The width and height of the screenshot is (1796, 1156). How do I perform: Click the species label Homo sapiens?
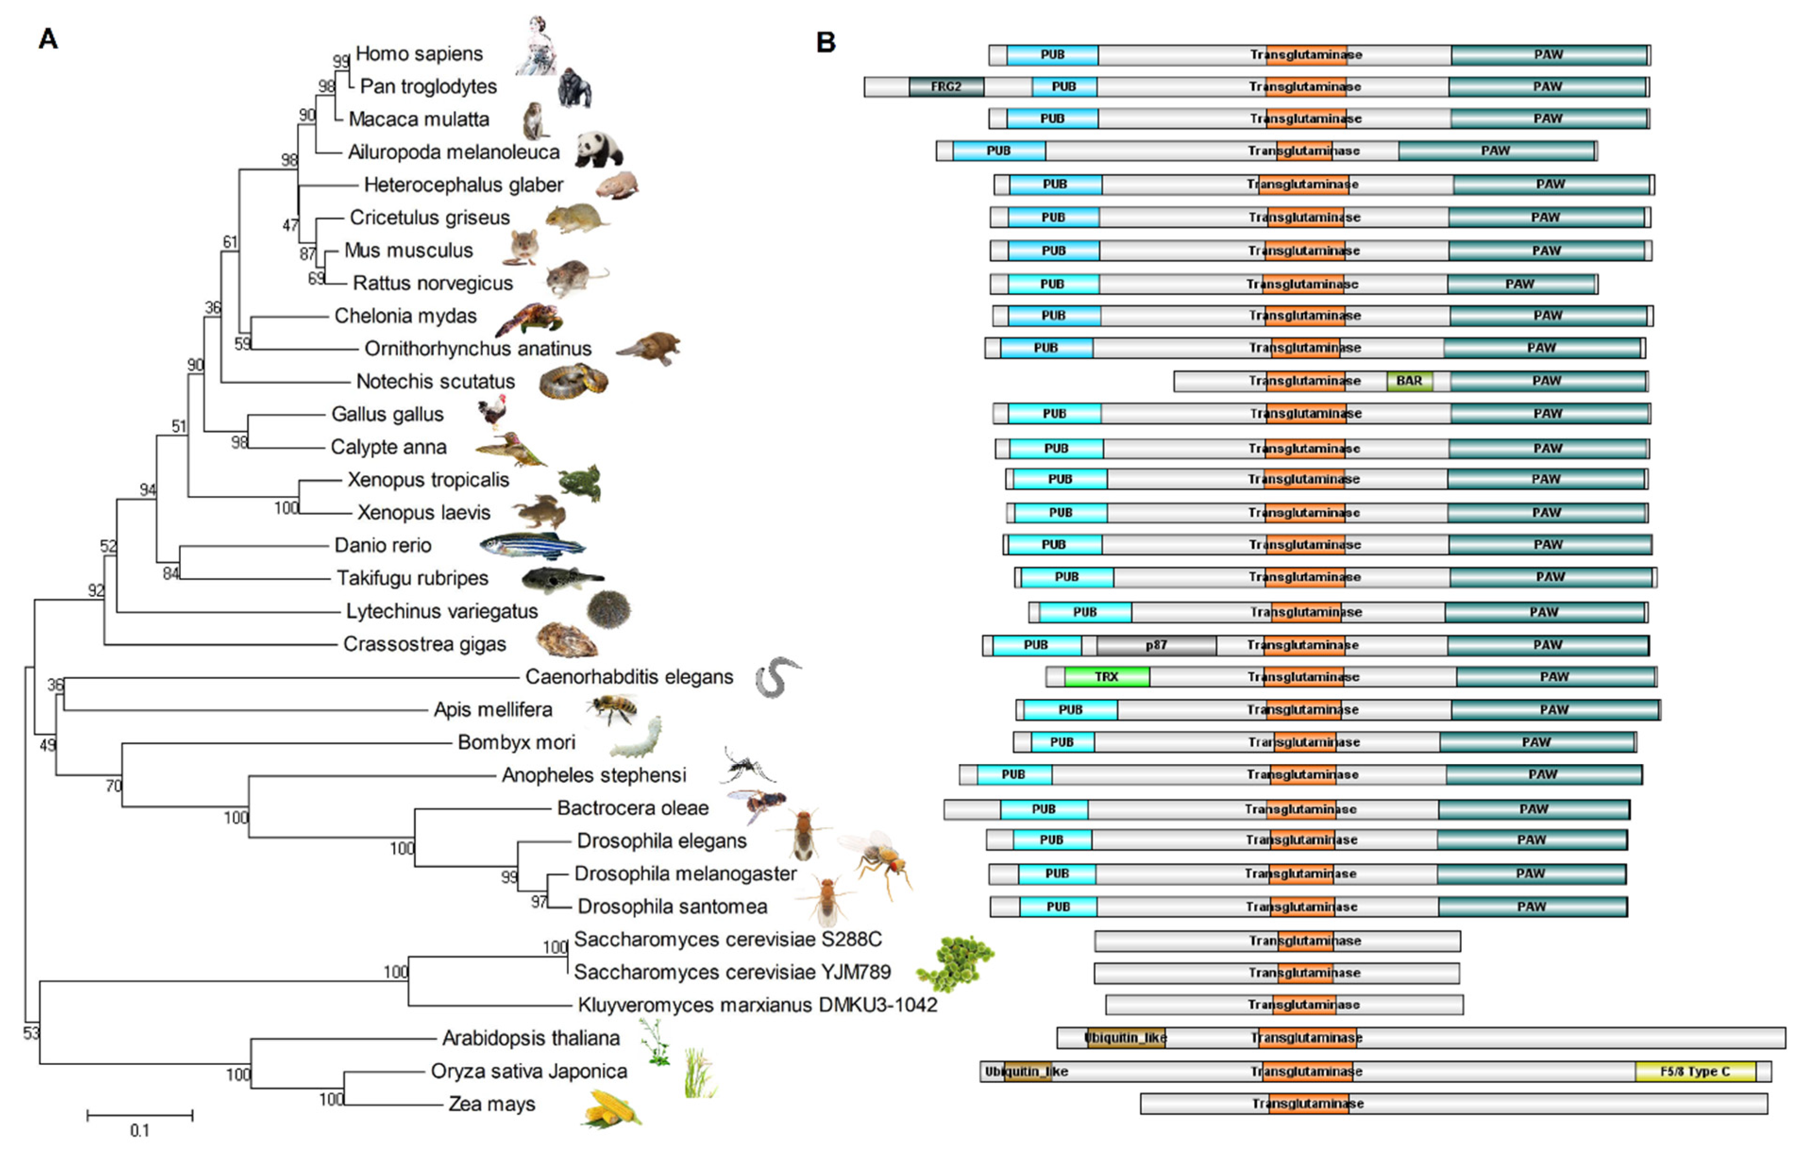point(419,54)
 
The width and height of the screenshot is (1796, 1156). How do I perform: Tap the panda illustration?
point(599,150)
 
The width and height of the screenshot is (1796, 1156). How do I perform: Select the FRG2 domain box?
point(945,87)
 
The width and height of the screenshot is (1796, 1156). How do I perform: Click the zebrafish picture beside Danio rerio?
point(531,546)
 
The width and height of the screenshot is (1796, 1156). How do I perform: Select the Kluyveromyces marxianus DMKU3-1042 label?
point(757,1005)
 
